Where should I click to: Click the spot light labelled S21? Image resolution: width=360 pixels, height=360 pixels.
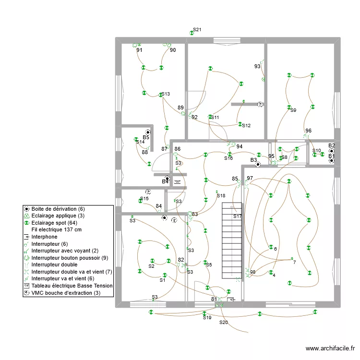point(192,33)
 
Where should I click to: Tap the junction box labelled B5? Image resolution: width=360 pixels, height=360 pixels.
point(148,132)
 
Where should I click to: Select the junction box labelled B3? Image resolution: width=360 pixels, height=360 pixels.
point(258,164)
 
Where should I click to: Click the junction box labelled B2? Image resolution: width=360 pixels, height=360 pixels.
point(332,151)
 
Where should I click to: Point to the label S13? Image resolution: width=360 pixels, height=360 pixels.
point(166,94)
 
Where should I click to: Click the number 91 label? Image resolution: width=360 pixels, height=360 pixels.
point(139,50)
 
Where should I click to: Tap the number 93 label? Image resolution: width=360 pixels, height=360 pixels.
point(257,66)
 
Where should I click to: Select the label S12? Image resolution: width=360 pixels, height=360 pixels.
point(246,126)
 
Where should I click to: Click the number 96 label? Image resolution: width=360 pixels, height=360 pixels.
point(308,131)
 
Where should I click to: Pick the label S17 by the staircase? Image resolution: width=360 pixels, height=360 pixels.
point(238,216)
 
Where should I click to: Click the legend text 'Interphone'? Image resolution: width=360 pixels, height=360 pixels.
point(44,237)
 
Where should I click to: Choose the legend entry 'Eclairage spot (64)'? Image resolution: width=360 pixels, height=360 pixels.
point(54,223)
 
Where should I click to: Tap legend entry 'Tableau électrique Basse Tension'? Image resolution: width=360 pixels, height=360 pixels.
point(72,286)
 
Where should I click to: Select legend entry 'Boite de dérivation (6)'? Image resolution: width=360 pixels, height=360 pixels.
point(58,209)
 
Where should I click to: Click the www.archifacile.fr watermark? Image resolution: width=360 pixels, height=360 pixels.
point(330,348)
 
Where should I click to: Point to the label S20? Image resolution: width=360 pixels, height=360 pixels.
point(223,323)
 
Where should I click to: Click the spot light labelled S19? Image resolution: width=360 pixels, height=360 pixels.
point(204,313)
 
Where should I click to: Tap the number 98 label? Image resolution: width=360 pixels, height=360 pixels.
point(252,272)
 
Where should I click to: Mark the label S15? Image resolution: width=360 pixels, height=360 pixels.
point(144,199)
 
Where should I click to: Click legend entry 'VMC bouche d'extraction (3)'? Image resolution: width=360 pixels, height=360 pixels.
point(66,293)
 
